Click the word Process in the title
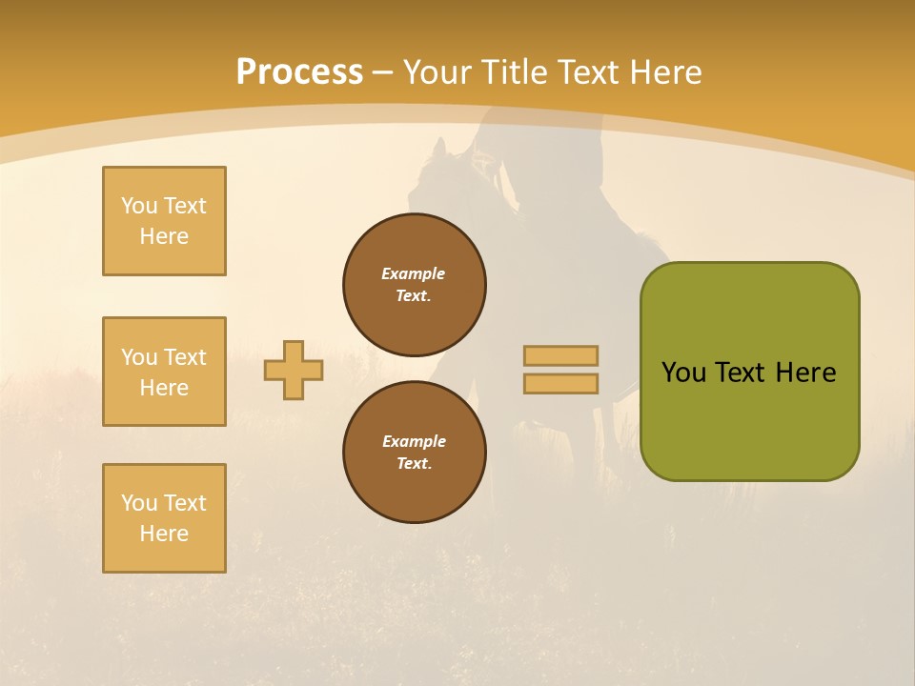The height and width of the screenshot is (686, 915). point(299,72)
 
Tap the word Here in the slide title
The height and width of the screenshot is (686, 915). point(665,72)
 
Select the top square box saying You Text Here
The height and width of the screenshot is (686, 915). point(164,221)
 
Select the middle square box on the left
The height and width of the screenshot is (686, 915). point(164,372)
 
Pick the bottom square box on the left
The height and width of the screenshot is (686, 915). point(164,518)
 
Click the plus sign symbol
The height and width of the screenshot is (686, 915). point(294,370)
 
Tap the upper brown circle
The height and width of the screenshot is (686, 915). point(415,285)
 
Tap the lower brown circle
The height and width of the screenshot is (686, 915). point(415,453)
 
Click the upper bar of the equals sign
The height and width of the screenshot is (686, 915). point(560,355)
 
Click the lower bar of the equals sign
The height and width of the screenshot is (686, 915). point(560,383)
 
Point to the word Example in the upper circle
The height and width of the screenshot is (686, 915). point(413,273)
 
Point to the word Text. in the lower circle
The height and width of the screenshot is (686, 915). point(414,463)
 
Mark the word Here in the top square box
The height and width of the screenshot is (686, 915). point(164,236)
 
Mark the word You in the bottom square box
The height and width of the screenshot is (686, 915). point(139,503)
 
